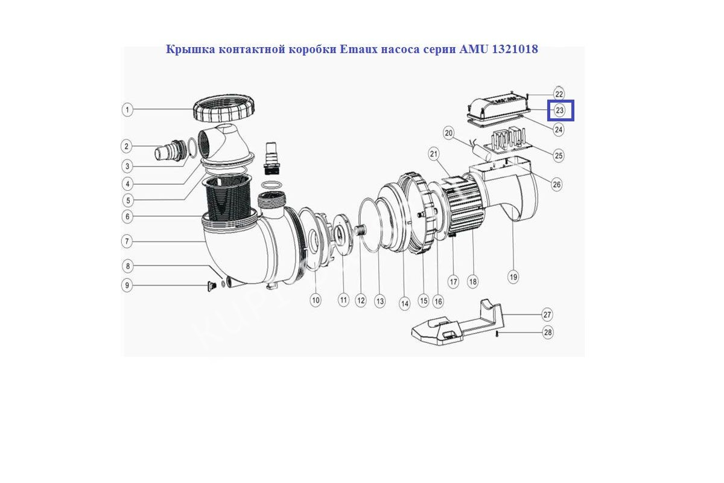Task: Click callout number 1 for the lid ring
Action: tap(127, 110)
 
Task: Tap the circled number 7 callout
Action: tap(127, 241)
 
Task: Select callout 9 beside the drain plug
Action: tap(127, 286)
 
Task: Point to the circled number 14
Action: tap(405, 304)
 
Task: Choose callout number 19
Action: tap(513, 277)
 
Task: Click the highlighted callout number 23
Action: tap(560, 110)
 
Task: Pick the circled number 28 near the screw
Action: tap(548, 332)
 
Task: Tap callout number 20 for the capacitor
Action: tap(449, 133)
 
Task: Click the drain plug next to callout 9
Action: tap(211, 286)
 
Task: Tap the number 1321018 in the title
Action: tap(515, 49)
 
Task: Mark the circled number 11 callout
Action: tap(343, 300)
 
